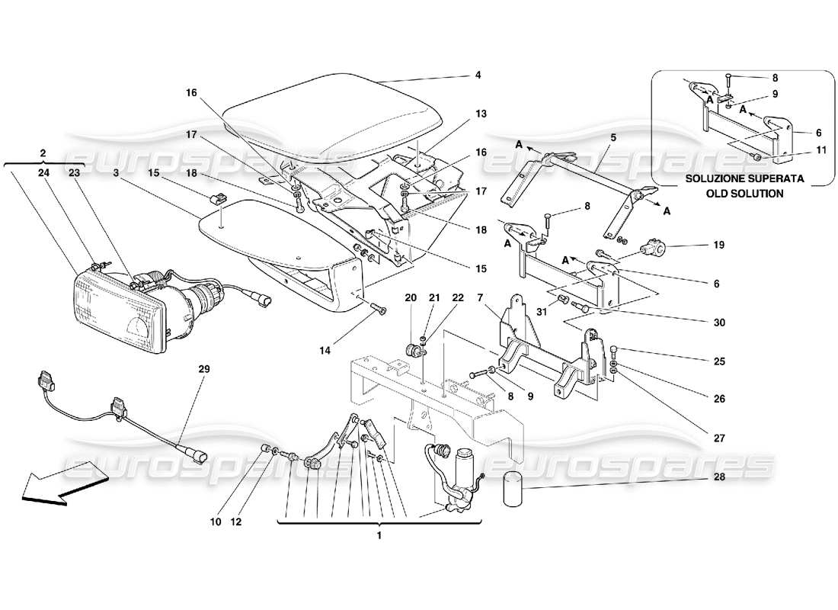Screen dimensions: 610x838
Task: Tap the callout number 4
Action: pyautogui.click(x=478, y=75)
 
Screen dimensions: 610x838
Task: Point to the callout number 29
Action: pyautogui.click(x=203, y=369)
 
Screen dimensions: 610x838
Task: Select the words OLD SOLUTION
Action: pyautogui.click(x=738, y=194)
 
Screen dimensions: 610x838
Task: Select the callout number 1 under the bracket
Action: pyautogui.click(x=379, y=535)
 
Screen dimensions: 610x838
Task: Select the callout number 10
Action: pyautogui.click(x=215, y=522)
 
